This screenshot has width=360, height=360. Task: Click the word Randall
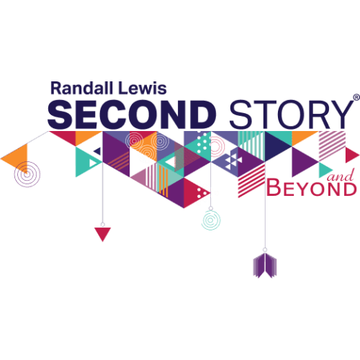click(x=81, y=88)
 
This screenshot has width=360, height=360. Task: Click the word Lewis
click(x=143, y=88)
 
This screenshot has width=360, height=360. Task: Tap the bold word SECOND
click(x=132, y=114)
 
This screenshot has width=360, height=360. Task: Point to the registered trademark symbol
click(x=356, y=97)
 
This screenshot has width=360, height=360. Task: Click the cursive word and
click(x=341, y=176)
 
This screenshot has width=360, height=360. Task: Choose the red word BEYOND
click(x=312, y=189)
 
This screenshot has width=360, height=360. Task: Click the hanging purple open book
click(x=265, y=266)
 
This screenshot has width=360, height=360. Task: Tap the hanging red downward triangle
click(x=103, y=233)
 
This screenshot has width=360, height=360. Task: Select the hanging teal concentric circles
click(x=211, y=220)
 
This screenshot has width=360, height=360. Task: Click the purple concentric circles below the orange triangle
click(x=27, y=174)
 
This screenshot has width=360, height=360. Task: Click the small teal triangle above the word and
click(x=324, y=170)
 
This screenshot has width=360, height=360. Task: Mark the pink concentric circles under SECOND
click(x=134, y=140)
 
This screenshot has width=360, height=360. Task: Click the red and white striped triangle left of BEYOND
click(x=251, y=180)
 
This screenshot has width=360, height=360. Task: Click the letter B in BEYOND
click(x=274, y=189)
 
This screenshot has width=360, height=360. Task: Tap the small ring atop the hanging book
click(x=265, y=250)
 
